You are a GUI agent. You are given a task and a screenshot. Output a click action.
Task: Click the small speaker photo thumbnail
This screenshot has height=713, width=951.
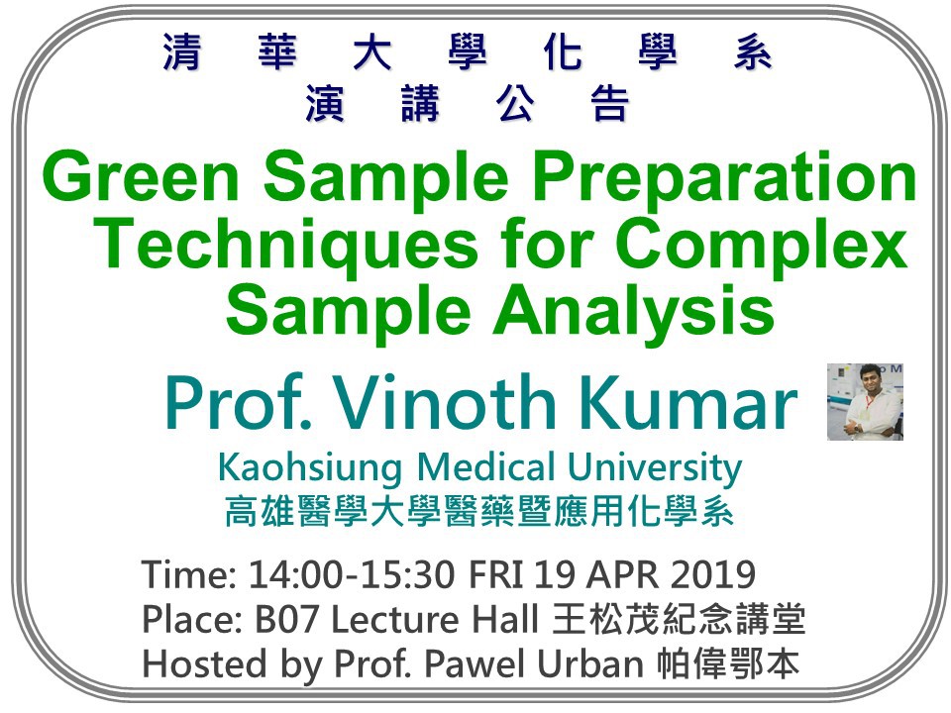point(865,401)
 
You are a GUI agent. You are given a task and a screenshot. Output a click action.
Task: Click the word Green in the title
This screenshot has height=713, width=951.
point(141,177)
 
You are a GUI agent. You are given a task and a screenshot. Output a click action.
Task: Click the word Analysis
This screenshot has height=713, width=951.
point(634,313)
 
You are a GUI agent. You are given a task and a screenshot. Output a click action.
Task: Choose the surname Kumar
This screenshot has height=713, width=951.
point(690,403)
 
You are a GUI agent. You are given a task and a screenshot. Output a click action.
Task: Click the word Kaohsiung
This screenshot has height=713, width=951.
point(310,468)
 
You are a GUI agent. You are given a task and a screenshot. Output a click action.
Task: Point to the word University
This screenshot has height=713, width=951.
point(655,468)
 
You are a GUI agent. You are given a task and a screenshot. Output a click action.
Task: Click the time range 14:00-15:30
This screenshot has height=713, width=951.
point(352,573)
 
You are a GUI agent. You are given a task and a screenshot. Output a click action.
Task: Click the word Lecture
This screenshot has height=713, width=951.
point(395,619)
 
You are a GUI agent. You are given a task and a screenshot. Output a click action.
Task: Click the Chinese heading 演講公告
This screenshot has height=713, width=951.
point(468,104)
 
